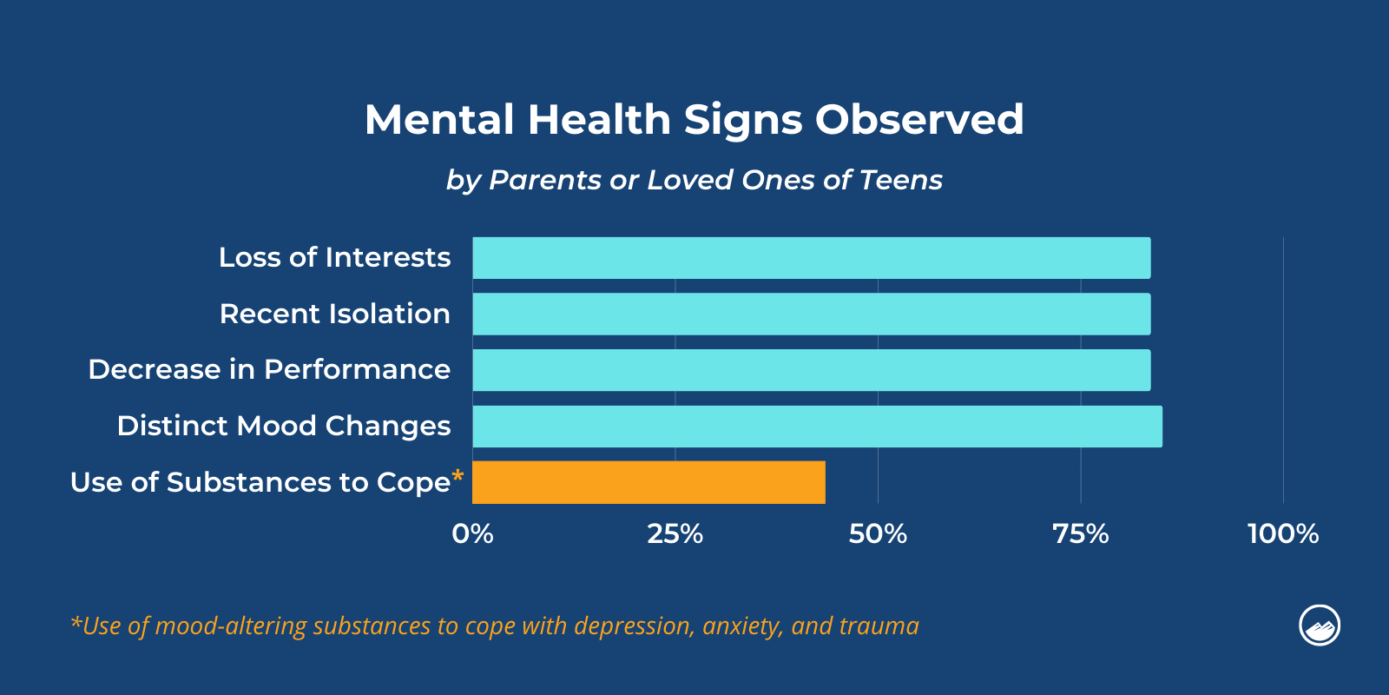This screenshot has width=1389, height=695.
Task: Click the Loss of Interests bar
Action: [812, 258]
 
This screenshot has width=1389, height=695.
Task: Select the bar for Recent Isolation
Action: [812, 314]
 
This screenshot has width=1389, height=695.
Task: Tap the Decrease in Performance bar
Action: [812, 370]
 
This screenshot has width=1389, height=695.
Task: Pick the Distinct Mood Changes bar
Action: [817, 427]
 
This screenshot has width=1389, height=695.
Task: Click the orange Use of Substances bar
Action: [648, 482]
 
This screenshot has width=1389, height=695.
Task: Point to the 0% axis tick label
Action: [472, 533]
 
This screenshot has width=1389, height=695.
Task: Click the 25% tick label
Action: [675, 533]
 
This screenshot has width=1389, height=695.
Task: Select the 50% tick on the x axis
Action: [878, 533]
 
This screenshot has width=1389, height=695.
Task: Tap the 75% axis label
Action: [1080, 533]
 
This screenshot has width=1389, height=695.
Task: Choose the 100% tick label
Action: [1282, 533]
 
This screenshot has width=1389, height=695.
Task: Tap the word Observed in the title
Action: [919, 119]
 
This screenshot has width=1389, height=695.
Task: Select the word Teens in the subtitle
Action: [900, 180]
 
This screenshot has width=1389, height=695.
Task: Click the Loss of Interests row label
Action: [334, 258]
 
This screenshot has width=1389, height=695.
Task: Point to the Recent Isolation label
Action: [334, 314]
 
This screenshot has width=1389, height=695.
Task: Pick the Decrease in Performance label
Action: [269, 370]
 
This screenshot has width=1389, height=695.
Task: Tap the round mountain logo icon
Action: [1319, 625]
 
